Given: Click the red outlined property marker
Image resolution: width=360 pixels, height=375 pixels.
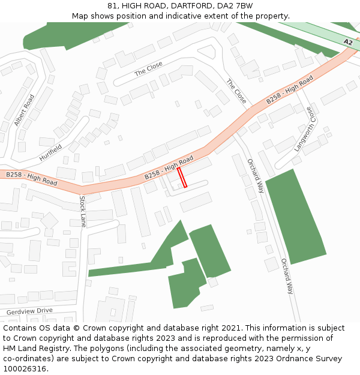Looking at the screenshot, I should pyautogui.click(x=182, y=178).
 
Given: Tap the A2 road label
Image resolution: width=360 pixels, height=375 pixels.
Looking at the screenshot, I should pyautogui.click(x=348, y=42).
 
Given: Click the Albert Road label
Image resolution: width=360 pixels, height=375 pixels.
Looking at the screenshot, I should pyautogui.click(x=25, y=109).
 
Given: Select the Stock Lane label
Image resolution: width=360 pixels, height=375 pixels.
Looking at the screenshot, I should pyautogui.click(x=83, y=211).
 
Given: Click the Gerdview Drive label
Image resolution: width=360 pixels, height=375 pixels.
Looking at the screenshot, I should pyautogui.click(x=29, y=311).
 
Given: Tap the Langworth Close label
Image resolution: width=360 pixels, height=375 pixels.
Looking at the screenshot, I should pyautogui.click(x=304, y=129).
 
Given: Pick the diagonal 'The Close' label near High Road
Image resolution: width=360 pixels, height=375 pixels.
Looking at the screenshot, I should pyautogui.click(x=236, y=91).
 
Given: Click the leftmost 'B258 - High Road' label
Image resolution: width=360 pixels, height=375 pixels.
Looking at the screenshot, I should pyautogui.click(x=32, y=178).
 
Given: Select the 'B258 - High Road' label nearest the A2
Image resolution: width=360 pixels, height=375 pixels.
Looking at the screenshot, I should pyautogui.click(x=290, y=89).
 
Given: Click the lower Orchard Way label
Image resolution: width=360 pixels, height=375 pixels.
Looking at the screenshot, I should pyautogui.click(x=287, y=276).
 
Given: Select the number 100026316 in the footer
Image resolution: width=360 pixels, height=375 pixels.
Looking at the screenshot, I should pyautogui.click(x=25, y=369).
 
